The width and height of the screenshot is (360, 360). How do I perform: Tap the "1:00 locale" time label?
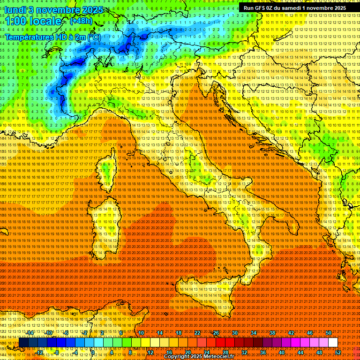tap(33, 22)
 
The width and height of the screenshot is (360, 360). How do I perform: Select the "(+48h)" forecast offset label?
tap(81, 21)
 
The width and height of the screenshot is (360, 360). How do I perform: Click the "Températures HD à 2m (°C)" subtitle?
tap(52, 37)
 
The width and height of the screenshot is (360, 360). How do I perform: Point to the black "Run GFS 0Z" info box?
tap(295, 7)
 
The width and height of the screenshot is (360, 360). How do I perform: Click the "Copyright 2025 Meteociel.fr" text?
tap(202, 357)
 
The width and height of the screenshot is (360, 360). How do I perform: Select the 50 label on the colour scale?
tap(329, 333)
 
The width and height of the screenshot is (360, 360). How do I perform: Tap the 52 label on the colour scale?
tap(338, 352)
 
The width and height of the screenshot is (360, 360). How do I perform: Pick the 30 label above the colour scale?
tap(234, 333)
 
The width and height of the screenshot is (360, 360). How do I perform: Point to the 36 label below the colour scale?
tap(262, 352)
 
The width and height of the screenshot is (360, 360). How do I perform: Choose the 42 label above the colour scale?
tap(291, 333)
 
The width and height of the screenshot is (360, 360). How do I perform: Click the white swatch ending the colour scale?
tap(333, 343)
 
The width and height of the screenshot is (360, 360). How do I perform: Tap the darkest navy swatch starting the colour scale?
tap(23, 343)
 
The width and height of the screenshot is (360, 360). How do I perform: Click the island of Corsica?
tap(107, 171)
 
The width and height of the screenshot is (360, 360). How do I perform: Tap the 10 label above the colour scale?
tap(141, 333)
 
